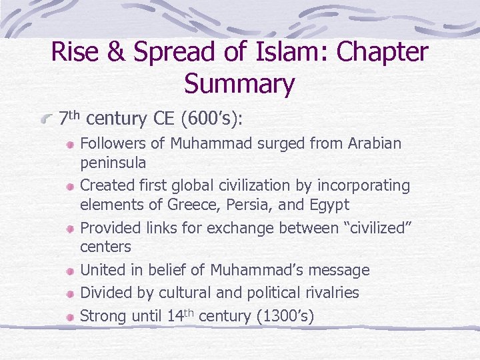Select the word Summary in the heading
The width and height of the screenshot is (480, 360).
239,85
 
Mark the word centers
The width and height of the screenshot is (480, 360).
106,247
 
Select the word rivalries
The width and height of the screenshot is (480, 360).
329,293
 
